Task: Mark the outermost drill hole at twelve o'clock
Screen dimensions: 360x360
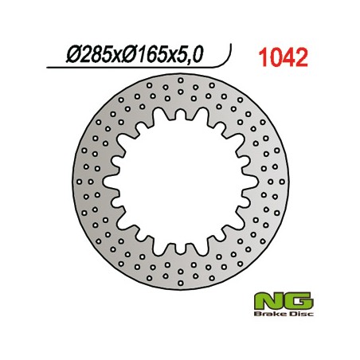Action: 180,80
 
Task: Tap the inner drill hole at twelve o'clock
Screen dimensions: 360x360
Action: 180,103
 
